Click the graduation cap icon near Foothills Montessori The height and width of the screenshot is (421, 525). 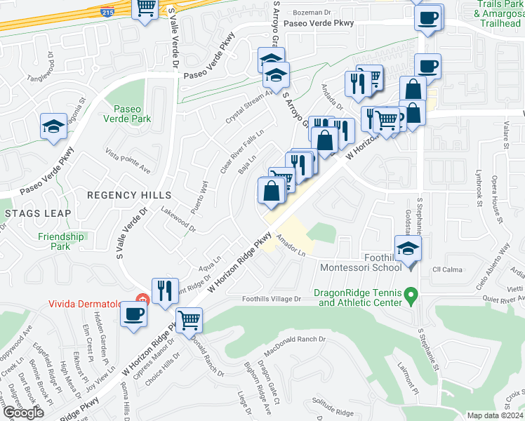(x=407, y=248)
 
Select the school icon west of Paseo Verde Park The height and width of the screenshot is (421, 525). (x=53, y=126)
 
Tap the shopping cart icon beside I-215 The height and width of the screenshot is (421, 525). (x=146, y=8)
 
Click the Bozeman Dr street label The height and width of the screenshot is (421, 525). (x=312, y=13)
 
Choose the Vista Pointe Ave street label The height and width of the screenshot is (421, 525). (x=128, y=161)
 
